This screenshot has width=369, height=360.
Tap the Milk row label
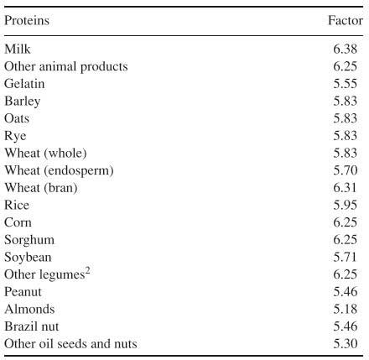17,50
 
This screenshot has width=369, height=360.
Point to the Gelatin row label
25,84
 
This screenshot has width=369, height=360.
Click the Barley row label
23,102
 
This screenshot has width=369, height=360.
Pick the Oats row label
18,118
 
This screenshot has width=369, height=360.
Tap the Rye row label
16,136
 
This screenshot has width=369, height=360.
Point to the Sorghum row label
28,239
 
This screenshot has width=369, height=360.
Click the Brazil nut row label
32,326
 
